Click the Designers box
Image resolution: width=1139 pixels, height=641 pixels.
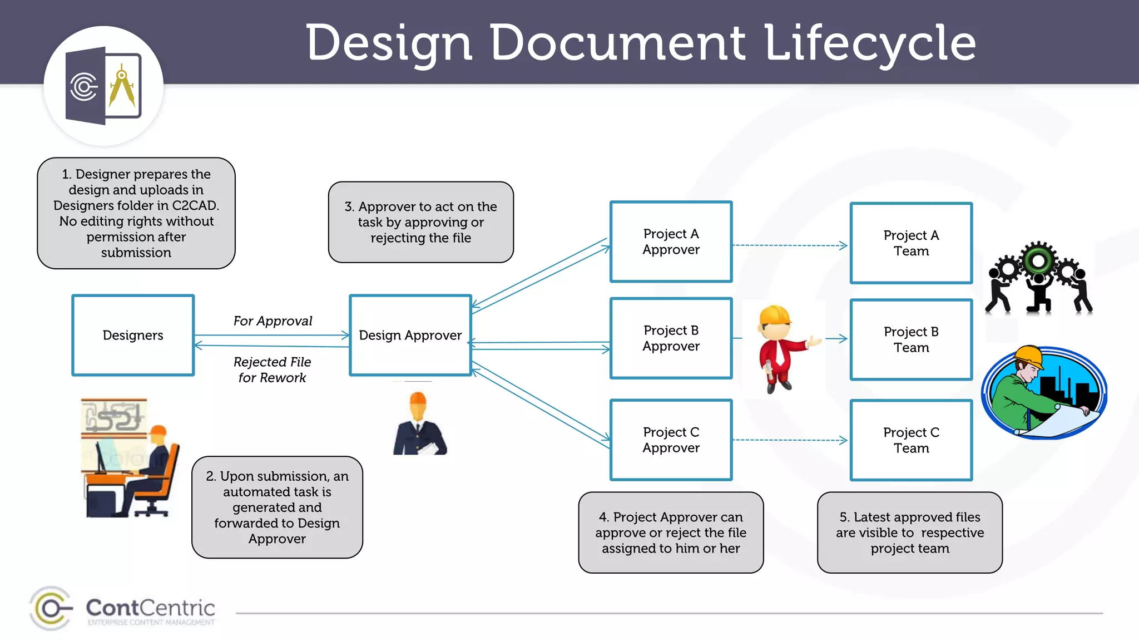click(x=133, y=335)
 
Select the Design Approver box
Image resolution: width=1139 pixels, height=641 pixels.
click(x=410, y=335)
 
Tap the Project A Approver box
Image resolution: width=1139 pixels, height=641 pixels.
click(x=671, y=241)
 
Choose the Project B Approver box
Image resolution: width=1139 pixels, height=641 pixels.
click(x=671, y=338)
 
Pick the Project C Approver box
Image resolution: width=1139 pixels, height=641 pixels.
click(x=671, y=440)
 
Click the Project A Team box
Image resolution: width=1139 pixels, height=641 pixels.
click(x=911, y=243)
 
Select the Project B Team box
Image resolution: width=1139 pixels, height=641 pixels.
click(x=911, y=339)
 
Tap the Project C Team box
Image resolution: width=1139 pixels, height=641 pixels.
click(x=911, y=440)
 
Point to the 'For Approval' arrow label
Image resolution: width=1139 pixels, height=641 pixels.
click(x=273, y=321)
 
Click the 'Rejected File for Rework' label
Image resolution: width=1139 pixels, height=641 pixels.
click(x=272, y=369)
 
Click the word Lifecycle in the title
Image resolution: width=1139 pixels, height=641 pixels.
click(x=870, y=43)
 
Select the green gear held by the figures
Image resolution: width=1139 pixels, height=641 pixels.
click(x=1038, y=260)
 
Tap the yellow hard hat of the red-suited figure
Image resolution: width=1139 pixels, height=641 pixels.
click(x=774, y=315)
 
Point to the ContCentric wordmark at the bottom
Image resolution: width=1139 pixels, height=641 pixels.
click(x=150, y=608)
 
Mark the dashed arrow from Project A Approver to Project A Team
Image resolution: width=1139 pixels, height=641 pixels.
click(x=790, y=245)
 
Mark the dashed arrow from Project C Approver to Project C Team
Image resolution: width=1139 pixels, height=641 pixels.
click(x=790, y=440)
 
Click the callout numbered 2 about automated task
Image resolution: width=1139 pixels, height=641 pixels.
click(x=277, y=507)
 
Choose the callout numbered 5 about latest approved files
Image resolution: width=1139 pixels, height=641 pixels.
click(x=910, y=532)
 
